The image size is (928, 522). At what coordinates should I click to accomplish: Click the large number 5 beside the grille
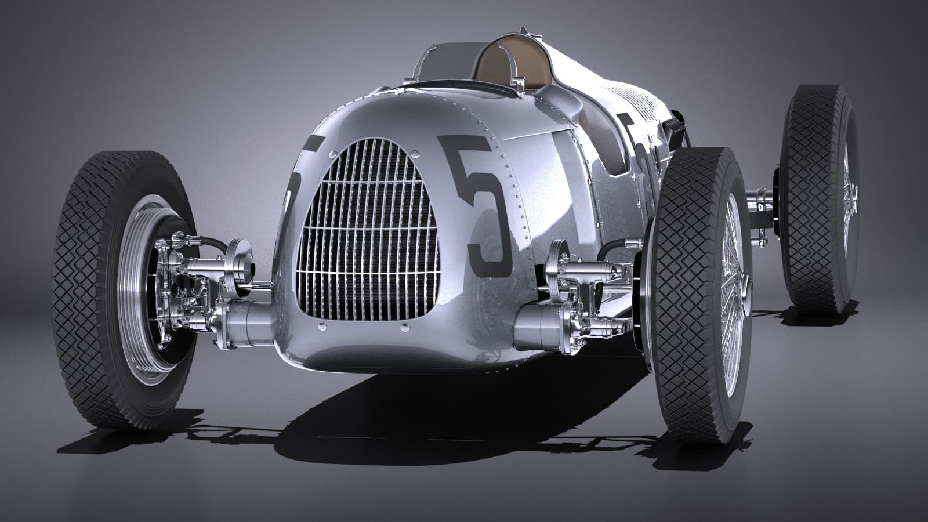click(x=477, y=206)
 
